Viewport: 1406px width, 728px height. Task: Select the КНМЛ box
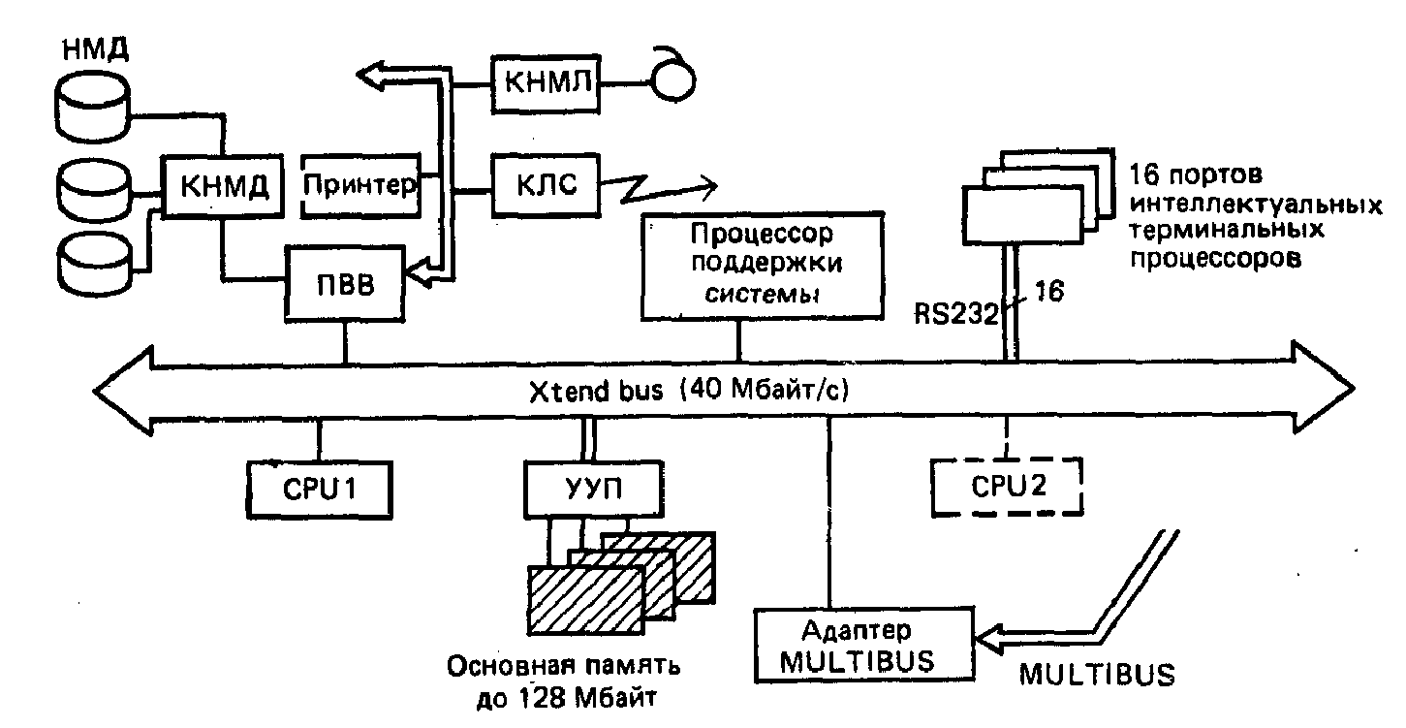coord(545,82)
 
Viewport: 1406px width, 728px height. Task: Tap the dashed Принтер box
coord(360,184)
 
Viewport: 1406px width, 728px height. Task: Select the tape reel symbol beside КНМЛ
coord(675,81)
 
